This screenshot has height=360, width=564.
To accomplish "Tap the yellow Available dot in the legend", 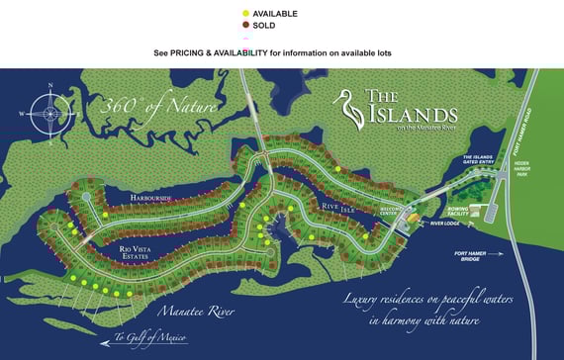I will [245, 13].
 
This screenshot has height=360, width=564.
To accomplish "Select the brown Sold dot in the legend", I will [245, 25].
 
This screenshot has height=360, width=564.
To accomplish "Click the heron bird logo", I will [349, 105].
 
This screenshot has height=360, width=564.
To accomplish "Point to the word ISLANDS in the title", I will [412, 114].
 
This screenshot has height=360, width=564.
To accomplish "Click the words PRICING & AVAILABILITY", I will [219, 51].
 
